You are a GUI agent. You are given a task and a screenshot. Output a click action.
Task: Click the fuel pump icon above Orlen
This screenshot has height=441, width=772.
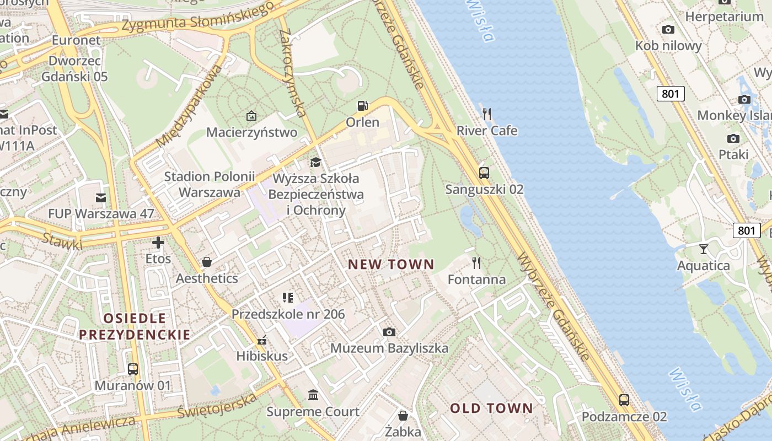point(362,105)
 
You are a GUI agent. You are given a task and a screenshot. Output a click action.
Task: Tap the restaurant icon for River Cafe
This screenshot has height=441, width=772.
point(486,114)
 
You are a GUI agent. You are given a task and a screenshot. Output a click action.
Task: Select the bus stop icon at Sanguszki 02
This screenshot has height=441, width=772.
point(484,173)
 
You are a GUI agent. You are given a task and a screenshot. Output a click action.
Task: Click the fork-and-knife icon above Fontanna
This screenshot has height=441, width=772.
point(476,263)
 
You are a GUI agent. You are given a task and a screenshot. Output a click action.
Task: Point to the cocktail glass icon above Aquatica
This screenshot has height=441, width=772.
point(703,249)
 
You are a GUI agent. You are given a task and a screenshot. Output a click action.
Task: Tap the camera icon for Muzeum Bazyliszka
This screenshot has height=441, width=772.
point(389,332)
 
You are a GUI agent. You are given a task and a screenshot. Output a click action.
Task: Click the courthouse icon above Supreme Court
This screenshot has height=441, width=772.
point(313,395)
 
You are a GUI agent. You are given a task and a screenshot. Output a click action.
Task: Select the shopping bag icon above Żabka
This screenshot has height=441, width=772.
point(403,415)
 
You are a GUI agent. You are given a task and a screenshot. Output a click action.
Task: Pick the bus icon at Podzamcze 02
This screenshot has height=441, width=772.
point(624,400)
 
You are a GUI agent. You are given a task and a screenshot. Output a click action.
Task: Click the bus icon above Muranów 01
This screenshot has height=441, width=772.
point(133,369)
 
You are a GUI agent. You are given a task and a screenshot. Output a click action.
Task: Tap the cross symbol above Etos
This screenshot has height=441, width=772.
point(158,242)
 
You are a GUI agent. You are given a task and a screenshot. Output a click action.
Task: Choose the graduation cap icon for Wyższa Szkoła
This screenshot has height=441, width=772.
point(315,162)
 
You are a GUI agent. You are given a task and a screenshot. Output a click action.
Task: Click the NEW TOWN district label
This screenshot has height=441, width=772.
point(391,265)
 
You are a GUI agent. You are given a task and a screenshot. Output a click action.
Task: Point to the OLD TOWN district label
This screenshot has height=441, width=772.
point(491,408)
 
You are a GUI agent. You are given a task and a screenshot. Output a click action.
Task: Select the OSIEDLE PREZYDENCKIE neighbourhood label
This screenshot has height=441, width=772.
point(135,326)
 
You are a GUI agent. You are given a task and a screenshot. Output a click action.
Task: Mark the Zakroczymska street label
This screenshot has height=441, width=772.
point(293,73)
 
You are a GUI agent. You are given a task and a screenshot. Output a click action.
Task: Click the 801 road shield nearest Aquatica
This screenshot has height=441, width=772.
point(746,230)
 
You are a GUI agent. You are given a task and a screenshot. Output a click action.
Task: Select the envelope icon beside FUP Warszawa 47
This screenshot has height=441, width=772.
point(100,197)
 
